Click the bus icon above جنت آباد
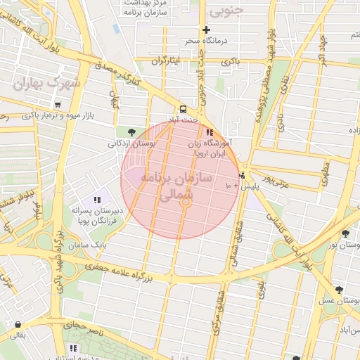click(183, 109)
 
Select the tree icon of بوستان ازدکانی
click(131, 131)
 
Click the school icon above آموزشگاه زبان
click(209, 131)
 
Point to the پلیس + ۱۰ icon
click(243, 176)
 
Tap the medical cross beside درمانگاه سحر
click(206, 30)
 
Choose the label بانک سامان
click(89, 245)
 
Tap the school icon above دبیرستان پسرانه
click(96, 200)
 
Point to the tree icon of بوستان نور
click(345, 233)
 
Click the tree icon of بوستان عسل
click(339, 289)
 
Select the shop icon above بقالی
click(16, 324)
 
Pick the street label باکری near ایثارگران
click(231, 62)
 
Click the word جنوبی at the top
click(226, 10)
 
